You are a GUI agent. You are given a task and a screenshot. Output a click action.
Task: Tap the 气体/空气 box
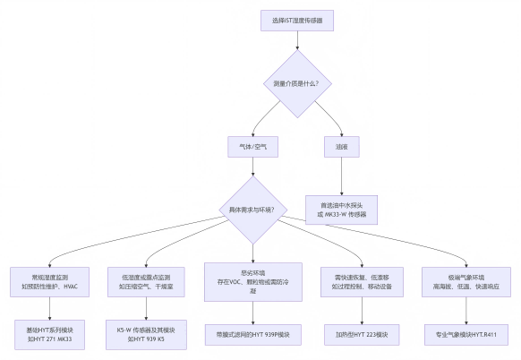coord(253,145)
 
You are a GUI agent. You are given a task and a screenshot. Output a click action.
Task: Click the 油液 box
coord(341,145)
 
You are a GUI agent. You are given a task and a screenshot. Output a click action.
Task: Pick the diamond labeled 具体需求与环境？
coord(253,210)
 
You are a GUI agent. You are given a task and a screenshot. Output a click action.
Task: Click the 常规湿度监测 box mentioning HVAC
coord(50,281)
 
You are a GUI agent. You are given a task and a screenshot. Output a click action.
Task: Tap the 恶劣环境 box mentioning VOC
coord(253,281)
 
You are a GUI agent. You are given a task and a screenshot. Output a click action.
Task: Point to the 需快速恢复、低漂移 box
coord(361,281)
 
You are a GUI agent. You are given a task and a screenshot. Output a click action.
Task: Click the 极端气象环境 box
coord(465,281)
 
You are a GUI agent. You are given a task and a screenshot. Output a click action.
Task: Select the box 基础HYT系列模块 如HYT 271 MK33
coord(50,335)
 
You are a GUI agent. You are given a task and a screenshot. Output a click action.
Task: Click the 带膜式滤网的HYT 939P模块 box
coord(253,335)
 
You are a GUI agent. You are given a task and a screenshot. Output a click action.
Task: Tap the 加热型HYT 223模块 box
coord(361,335)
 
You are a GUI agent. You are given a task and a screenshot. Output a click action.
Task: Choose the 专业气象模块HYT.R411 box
coord(465,335)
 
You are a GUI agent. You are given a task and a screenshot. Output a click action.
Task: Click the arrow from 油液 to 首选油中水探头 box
coord(341,176)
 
